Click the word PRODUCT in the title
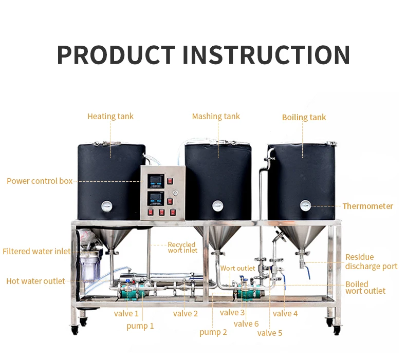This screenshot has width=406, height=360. point(116,54)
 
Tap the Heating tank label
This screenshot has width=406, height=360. point(110,116)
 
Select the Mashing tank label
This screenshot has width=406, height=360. point(216,116)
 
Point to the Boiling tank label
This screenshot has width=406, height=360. point(304,117)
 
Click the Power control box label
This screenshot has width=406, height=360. point(40,181)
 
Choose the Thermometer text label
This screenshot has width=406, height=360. point(367,206)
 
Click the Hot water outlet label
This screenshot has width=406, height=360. point(35,281)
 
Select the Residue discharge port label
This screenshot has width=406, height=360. point(371,261)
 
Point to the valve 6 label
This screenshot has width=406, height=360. point(246,324)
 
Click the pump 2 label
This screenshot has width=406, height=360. point(213,332)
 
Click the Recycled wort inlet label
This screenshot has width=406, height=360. point(182,248)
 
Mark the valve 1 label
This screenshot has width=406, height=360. point(126,313)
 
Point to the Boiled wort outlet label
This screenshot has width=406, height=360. point(365,288)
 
